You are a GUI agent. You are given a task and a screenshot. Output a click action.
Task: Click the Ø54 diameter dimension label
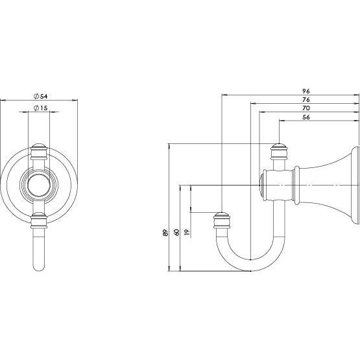41,96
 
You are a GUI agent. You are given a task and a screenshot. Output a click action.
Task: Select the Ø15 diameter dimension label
41,109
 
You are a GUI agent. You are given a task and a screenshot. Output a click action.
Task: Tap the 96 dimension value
306,91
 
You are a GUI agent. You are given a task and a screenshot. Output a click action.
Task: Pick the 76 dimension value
306,100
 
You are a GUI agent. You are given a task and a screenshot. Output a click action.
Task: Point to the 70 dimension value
306,109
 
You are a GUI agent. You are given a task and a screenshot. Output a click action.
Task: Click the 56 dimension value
306,118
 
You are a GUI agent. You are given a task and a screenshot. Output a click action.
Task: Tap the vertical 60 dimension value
176,232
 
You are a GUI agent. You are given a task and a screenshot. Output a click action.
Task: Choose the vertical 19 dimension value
187,232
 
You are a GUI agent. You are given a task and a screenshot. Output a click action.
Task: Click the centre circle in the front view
40,184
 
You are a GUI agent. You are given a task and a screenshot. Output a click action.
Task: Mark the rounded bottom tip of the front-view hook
40,266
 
